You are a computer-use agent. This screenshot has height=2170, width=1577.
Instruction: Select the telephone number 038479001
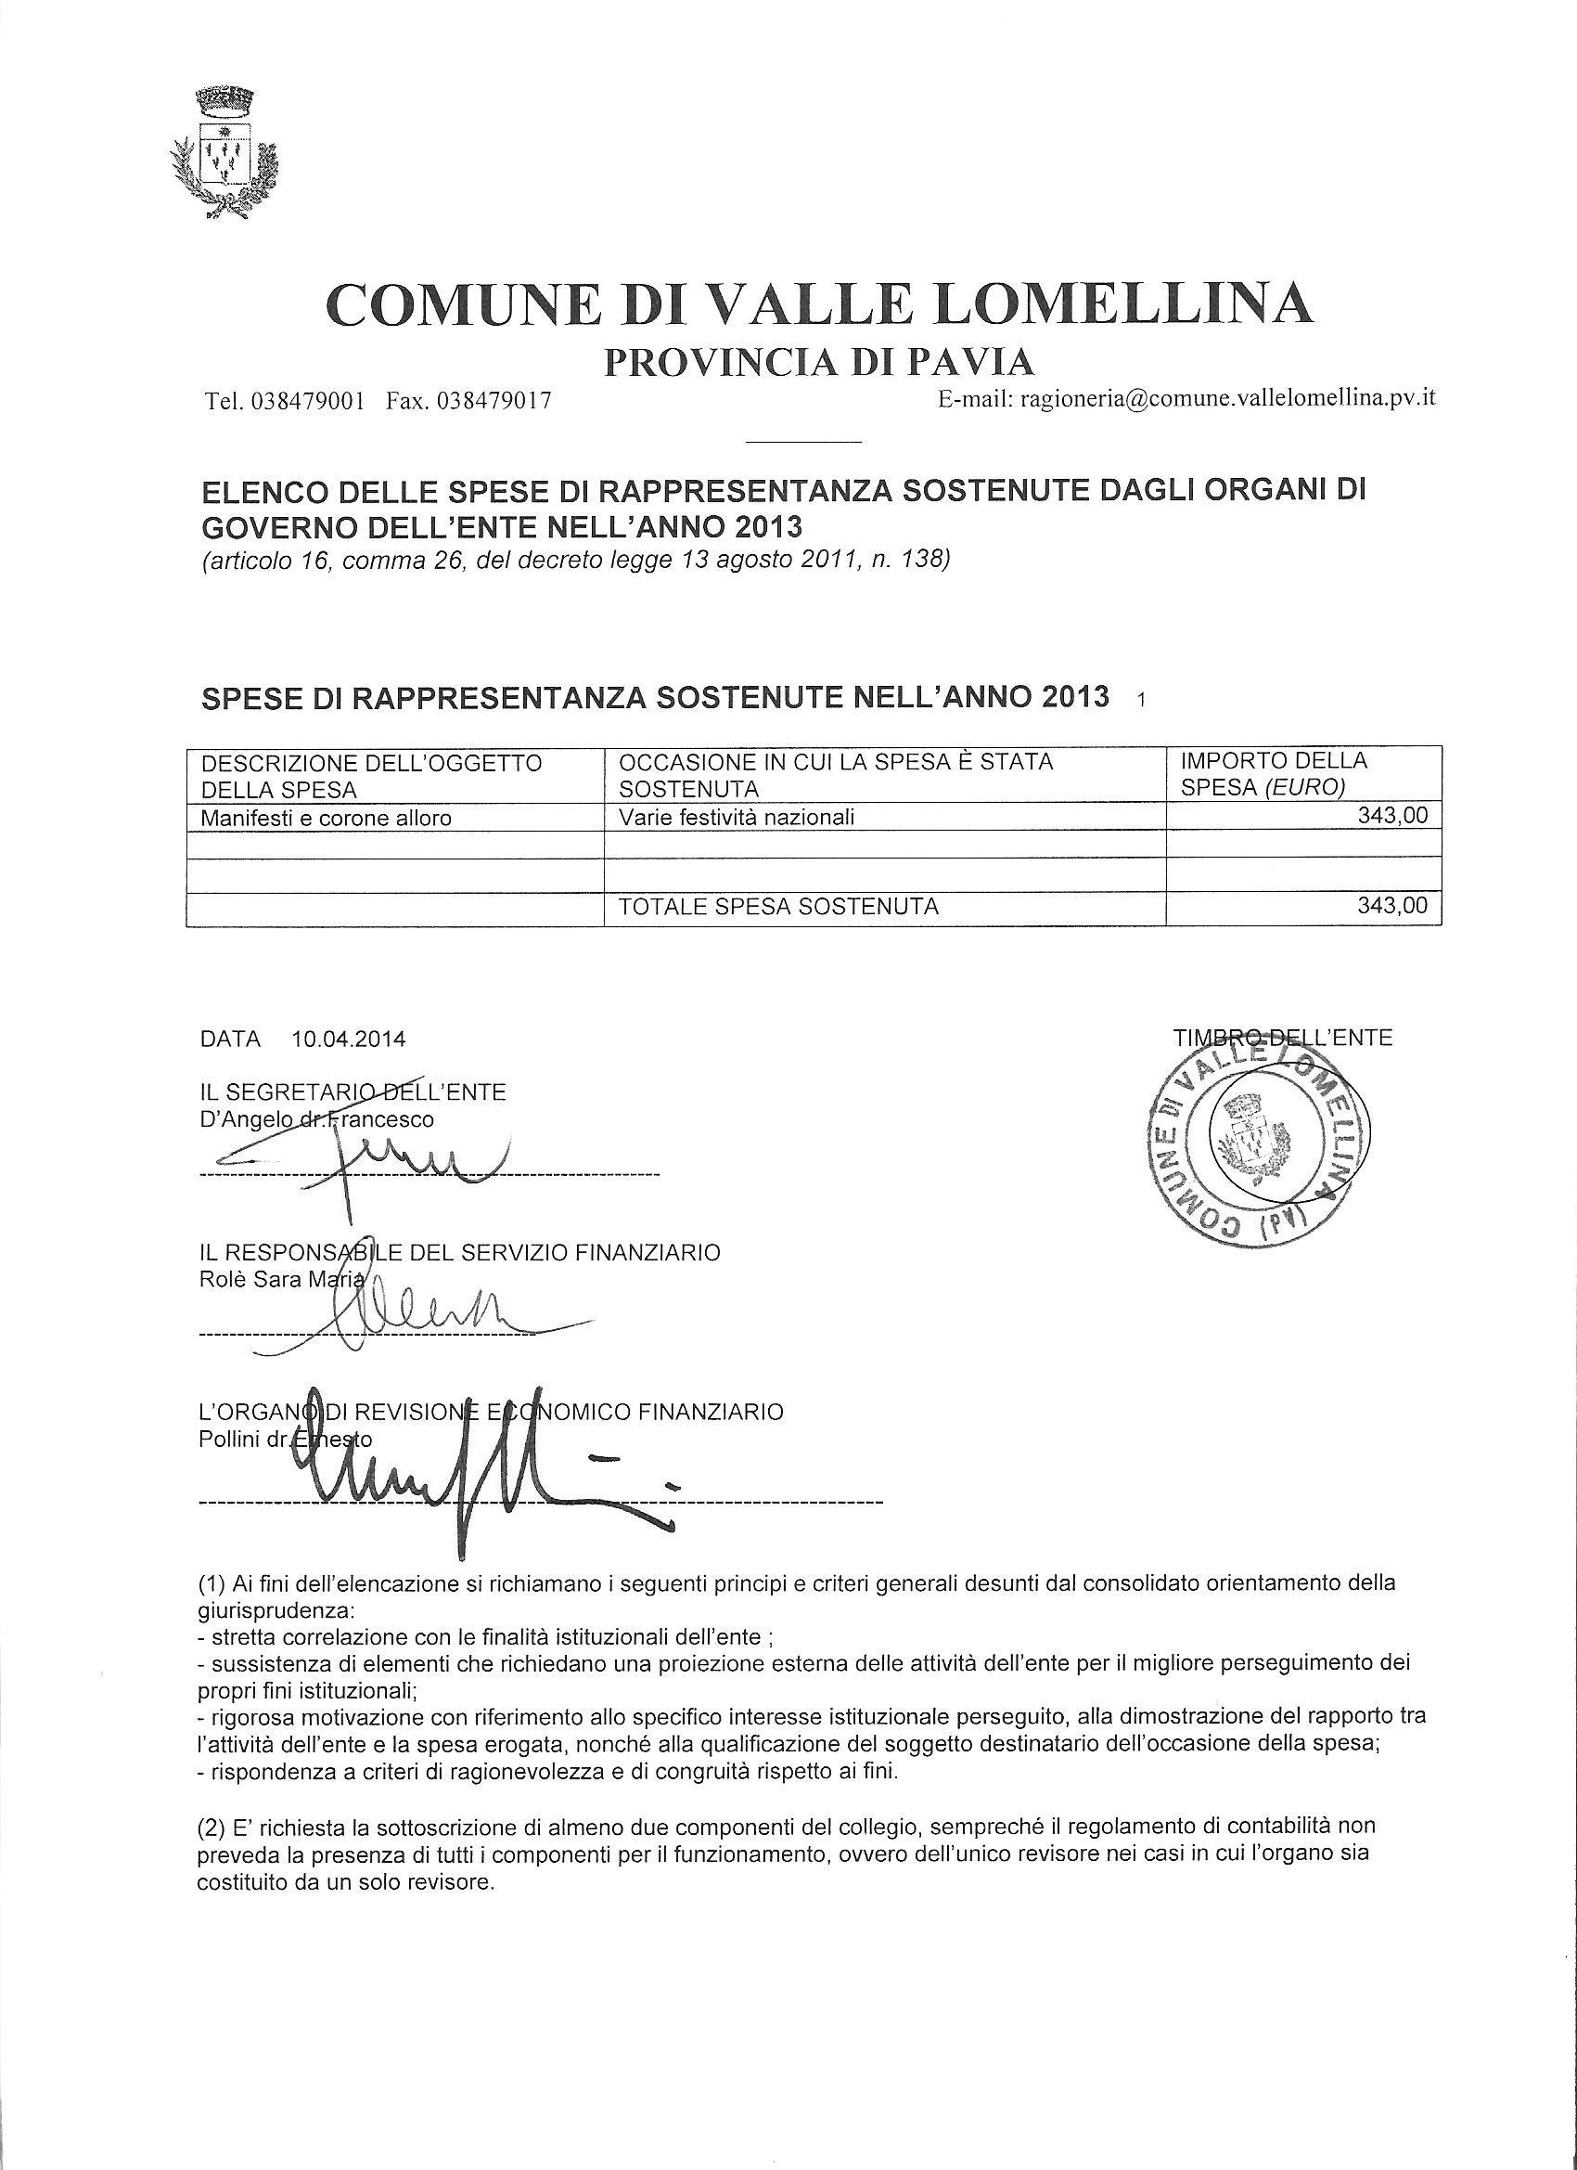307,401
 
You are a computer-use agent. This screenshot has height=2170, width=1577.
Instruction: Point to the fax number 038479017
494,401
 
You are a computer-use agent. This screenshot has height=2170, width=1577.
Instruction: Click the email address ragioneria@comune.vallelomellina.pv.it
1228,399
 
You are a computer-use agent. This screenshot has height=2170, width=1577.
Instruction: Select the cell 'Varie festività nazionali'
737,817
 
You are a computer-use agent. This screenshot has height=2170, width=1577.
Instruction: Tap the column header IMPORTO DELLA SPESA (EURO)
1273,774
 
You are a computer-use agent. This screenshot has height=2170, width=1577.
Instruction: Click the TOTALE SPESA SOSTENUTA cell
778,906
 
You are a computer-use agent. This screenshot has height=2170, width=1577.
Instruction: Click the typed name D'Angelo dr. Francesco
316,1118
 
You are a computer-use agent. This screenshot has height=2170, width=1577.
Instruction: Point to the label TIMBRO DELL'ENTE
1281,1037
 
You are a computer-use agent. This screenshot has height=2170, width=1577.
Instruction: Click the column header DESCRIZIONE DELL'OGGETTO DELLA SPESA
371,775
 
